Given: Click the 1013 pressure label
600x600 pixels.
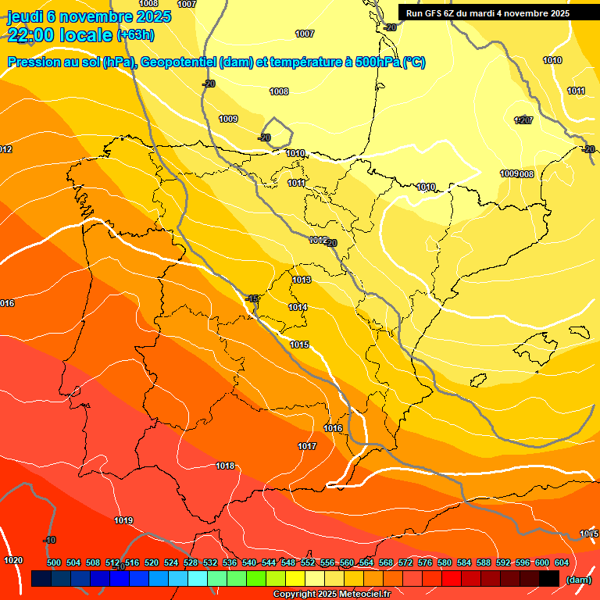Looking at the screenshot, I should pos(302,280).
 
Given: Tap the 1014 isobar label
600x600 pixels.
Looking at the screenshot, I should pos(298,307).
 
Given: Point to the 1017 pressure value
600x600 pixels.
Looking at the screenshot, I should pos(307,446).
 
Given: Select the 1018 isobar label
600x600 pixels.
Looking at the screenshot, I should pos(225,466).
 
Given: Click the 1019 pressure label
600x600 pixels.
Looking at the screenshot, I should pos(123,520).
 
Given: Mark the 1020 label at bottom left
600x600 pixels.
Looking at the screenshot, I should pos(13,560).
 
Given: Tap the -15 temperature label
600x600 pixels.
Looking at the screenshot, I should pos(252,298).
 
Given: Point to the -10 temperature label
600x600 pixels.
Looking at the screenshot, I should pos(50,540).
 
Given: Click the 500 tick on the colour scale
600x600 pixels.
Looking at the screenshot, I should pos(54,562).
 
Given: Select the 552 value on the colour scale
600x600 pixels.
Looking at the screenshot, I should pos(308,562).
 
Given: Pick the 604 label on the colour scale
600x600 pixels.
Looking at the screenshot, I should pos(562,562).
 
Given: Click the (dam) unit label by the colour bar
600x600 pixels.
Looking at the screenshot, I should pos(578,579).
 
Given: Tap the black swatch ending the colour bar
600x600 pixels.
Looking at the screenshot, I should pos(548,579).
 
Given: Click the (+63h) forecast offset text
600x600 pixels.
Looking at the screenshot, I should pos(135,34).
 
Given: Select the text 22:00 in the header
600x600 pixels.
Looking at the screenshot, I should pos(31,34).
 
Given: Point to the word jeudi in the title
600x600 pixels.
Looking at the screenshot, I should pos(25,16).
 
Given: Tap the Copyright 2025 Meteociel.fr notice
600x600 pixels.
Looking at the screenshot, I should pos(331,594).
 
